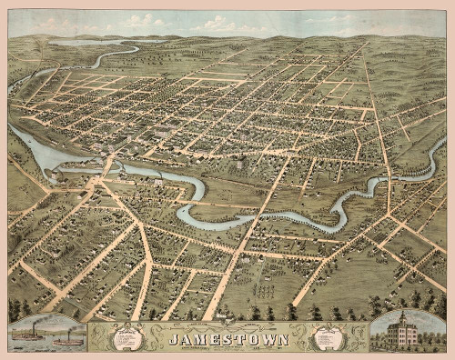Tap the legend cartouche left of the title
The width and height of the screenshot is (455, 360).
coord(127,338)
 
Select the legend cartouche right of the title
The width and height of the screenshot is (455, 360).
coord(327,338)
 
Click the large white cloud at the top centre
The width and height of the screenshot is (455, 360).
coord(218,23)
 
